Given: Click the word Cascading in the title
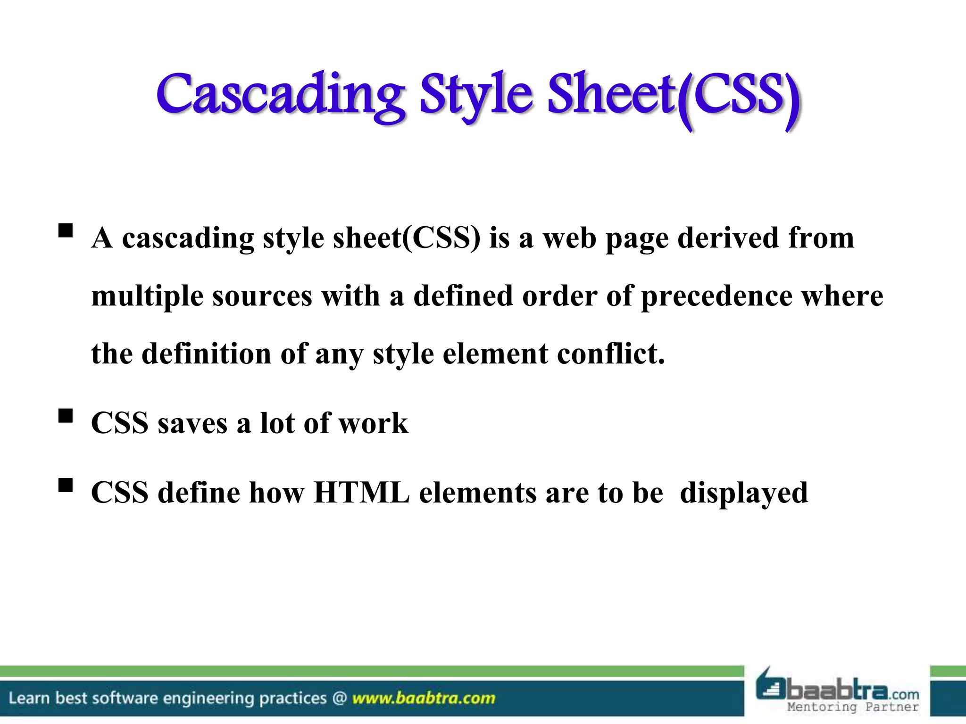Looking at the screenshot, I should pos(280,94).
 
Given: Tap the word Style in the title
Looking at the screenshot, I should pos(476,94).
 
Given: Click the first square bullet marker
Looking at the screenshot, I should pos(66,230).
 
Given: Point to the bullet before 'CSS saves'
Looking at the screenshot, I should pos(66,416).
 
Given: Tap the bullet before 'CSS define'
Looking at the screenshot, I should pos(66,485).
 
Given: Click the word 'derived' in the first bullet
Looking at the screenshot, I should pos(728,238).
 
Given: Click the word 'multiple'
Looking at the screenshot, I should pos(147,297).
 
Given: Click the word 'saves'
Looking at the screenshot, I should pos(192,423).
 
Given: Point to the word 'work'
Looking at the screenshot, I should pos(373,423).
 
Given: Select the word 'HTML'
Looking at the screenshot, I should pos(361,493).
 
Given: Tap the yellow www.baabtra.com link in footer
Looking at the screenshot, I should pos(424,698).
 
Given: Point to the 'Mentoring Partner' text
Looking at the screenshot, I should pos(853,707).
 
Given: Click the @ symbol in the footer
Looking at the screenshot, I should pos(339,698).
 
